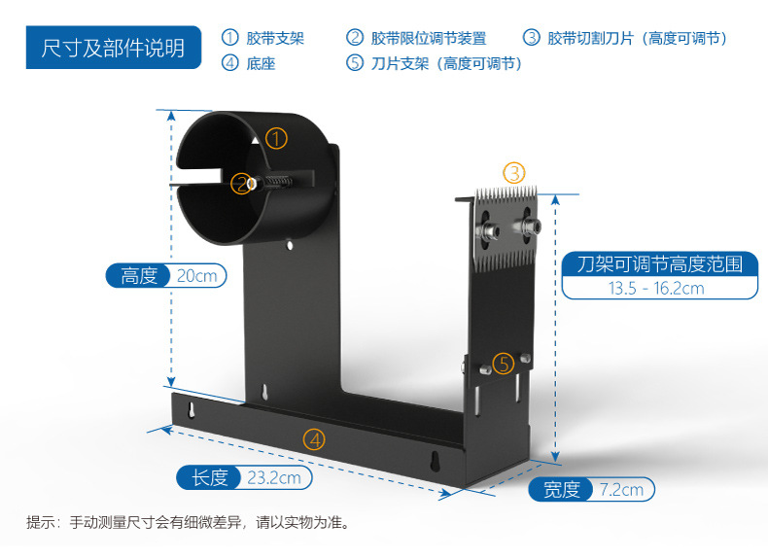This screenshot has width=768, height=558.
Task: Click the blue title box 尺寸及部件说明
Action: click(x=113, y=48)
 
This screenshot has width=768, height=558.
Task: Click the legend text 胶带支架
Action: click(x=275, y=39)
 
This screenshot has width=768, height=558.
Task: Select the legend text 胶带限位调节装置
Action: click(x=428, y=39)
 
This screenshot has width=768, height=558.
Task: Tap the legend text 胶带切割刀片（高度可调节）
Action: click(x=637, y=39)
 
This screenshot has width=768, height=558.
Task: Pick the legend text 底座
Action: click(x=261, y=63)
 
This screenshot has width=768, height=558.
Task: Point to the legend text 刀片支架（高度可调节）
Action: click(x=446, y=63)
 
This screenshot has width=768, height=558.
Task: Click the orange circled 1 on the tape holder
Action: click(x=277, y=139)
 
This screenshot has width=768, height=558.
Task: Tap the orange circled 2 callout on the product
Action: click(x=240, y=183)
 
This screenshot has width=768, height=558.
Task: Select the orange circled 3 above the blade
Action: click(x=513, y=173)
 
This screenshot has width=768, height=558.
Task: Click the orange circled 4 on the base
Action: click(x=314, y=439)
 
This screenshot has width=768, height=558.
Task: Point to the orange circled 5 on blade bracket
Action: click(x=503, y=364)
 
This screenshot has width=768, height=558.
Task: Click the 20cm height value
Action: click(x=197, y=276)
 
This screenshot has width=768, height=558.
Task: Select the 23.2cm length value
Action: click(x=273, y=477)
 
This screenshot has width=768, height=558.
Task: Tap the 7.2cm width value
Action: click(x=621, y=489)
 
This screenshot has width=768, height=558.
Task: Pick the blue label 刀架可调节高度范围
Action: click(x=659, y=263)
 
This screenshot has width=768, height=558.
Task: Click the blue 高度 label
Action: click(x=139, y=276)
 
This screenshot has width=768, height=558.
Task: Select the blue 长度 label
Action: click(x=210, y=477)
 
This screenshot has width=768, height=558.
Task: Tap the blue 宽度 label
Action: click(x=562, y=489)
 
